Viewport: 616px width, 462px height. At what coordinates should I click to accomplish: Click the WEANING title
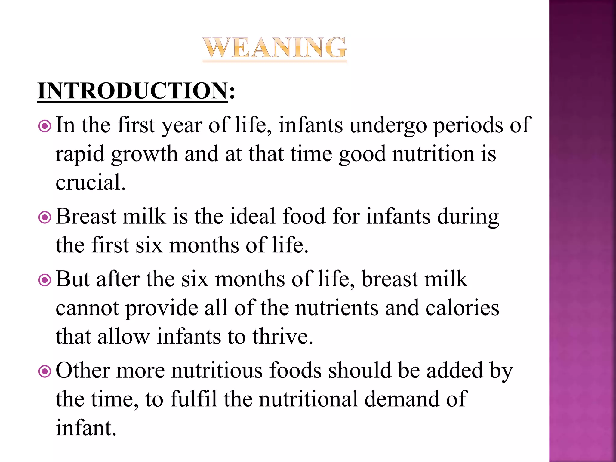click(x=274, y=48)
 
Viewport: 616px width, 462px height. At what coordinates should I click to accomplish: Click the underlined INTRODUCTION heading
click(x=133, y=91)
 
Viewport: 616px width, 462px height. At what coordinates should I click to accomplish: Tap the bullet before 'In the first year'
click(x=45, y=126)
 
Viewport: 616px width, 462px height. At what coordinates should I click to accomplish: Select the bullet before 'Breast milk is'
click(x=45, y=217)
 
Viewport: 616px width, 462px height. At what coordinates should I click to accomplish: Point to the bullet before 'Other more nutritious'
click(x=45, y=372)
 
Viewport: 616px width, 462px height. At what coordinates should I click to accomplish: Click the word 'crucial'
click(x=89, y=182)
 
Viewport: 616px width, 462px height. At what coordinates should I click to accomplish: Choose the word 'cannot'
click(x=87, y=309)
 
